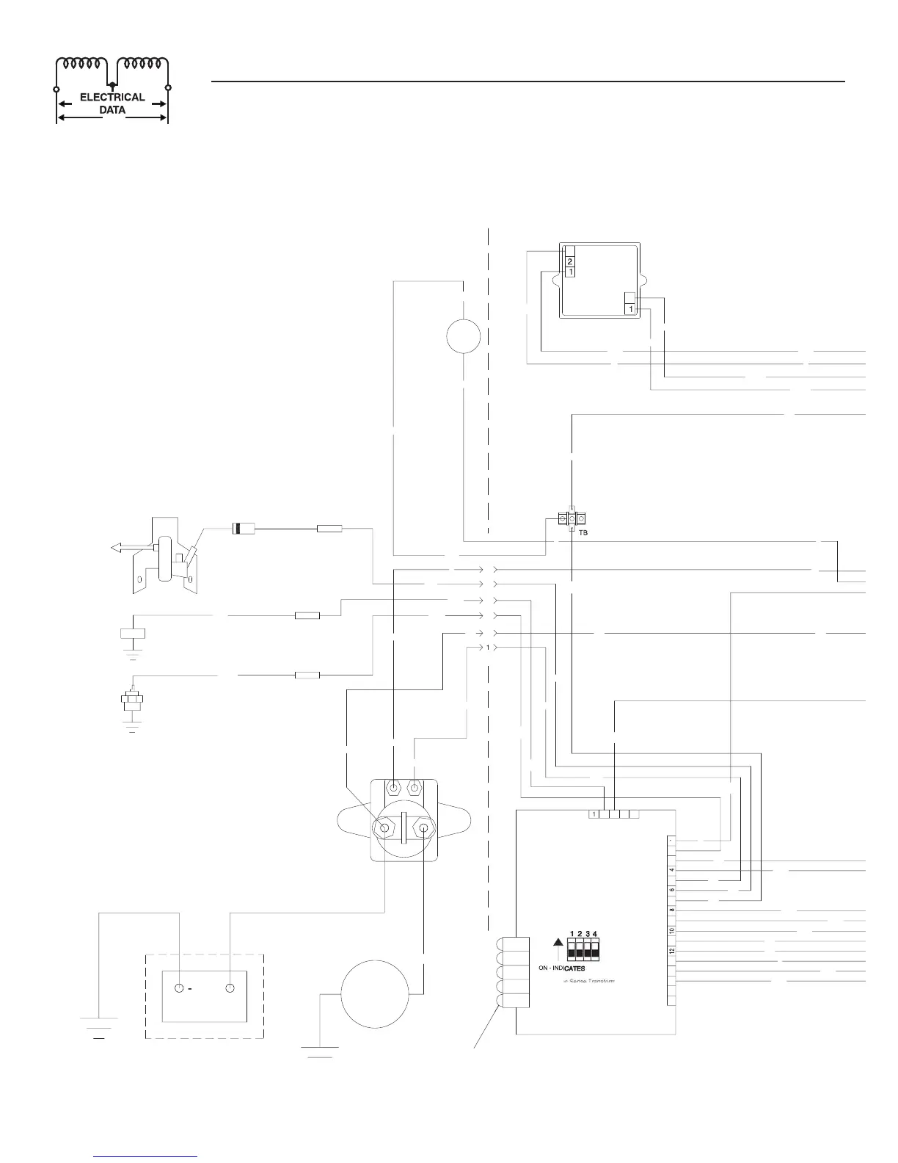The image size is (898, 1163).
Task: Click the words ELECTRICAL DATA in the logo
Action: point(112,104)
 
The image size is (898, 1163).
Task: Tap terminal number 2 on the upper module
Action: point(569,261)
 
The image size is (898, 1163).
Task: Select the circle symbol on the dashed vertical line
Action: point(464,337)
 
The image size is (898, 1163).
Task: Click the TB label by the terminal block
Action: point(583,532)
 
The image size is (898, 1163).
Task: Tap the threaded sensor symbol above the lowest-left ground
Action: point(132,698)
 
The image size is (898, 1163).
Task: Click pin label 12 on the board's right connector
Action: point(672,951)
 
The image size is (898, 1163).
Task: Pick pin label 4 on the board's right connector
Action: point(672,870)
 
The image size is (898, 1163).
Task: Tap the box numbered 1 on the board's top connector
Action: point(594,814)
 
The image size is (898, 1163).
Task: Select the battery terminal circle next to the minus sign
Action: point(180,988)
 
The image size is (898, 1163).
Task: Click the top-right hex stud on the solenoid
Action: point(415,789)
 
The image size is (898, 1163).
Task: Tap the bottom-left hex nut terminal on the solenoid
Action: point(384,828)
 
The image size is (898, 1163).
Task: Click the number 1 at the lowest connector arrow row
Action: point(487,648)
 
